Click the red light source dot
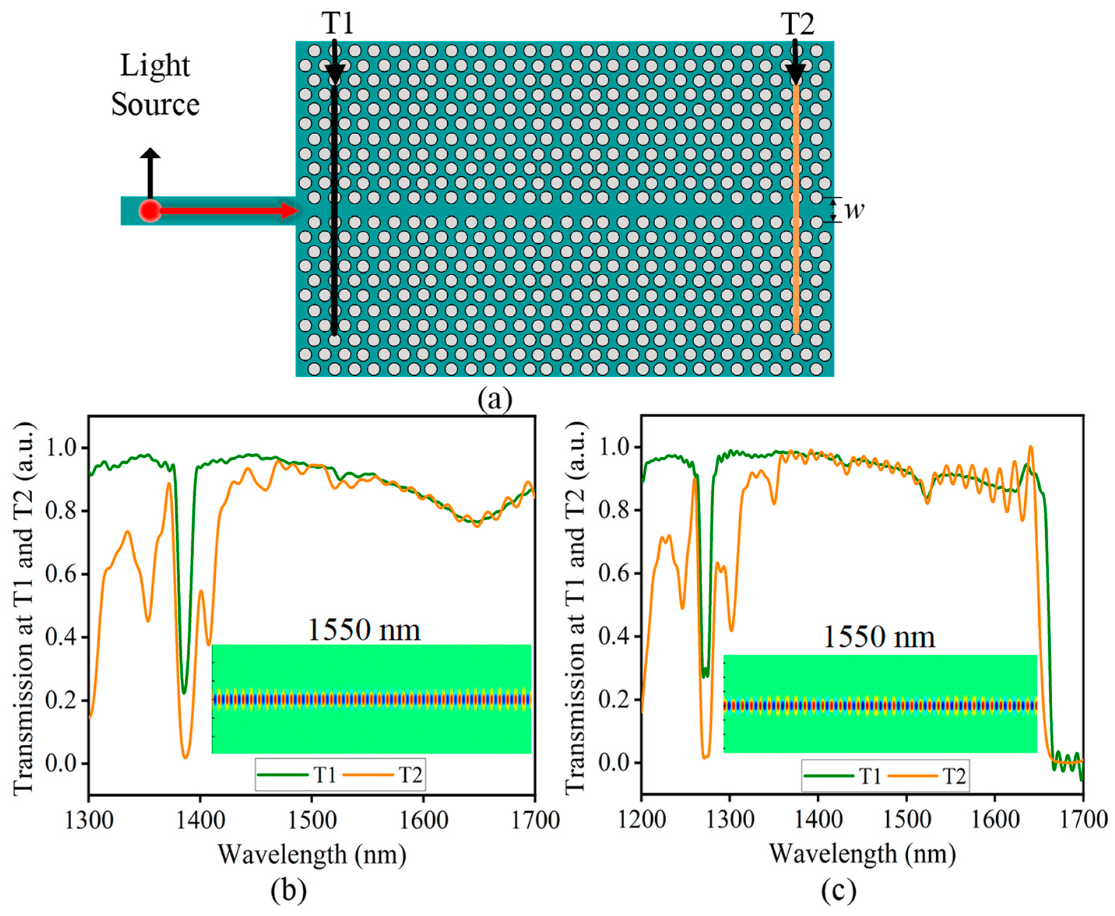[150, 211]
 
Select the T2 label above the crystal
[797, 24]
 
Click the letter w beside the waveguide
[854, 210]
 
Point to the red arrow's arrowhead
[290, 211]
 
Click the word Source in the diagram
[155, 104]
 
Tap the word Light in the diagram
[155, 66]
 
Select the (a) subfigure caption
[494, 399]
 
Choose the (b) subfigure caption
[288, 891]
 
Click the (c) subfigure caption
[839, 891]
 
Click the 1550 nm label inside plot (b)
[364, 630]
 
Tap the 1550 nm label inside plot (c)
[879, 637]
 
